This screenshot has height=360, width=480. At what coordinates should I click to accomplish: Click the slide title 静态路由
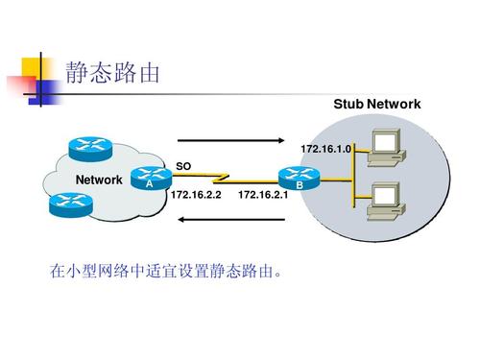[x=111, y=73]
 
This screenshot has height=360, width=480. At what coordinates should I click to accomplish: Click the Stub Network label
[x=376, y=104]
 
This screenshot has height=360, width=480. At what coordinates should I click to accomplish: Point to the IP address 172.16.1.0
[x=325, y=150]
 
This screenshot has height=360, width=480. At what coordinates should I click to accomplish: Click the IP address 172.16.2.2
[x=195, y=195]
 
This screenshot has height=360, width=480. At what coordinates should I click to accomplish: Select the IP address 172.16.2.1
[x=262, y=195]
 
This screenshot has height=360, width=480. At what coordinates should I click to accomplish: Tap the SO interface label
[x=183, y=166]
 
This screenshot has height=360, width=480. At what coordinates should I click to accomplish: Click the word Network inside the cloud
[x=99, y=180]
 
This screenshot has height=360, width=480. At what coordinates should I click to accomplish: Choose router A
[x=149, y=179]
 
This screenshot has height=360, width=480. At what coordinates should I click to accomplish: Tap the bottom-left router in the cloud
[x=68, y=203]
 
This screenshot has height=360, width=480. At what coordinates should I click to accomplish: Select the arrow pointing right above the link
[x=231, y=141]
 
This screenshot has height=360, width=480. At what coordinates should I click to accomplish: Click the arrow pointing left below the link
[x=231, y=219]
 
